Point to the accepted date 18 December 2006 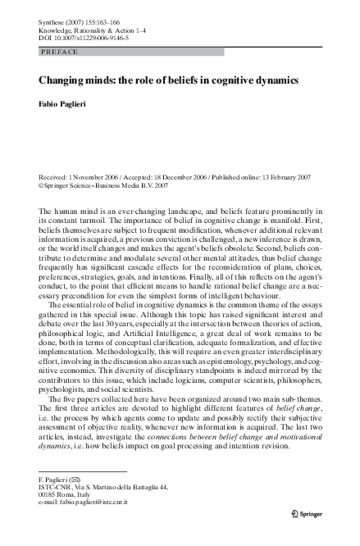[178, 176]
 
